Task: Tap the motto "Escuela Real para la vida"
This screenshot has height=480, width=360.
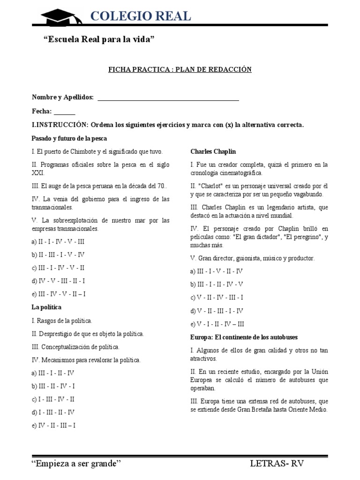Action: [98, 41]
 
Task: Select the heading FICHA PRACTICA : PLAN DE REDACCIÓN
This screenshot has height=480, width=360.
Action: [180, 69]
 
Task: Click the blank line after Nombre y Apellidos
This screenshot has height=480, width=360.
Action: [168, 97]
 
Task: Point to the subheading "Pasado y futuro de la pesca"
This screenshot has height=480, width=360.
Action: [69, 138]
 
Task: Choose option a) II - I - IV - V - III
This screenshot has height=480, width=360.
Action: [58, 242]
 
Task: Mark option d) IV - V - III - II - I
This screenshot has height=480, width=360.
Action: [58, 281]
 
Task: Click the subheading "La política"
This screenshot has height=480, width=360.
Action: [46, 307]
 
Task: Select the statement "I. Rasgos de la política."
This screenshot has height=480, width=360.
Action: [62, 321]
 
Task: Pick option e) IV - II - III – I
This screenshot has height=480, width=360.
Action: [53, 425]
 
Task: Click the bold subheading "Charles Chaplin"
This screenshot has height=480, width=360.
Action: [213, 151]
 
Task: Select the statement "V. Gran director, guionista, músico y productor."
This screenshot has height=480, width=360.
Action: [253, 258]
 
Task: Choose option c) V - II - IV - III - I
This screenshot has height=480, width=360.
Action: [217, 297]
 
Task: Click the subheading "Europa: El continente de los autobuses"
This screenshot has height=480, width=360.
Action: [244, 337]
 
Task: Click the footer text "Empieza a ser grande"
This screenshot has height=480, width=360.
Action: [76, 464]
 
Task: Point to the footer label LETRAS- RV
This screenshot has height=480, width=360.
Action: [277, 464]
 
